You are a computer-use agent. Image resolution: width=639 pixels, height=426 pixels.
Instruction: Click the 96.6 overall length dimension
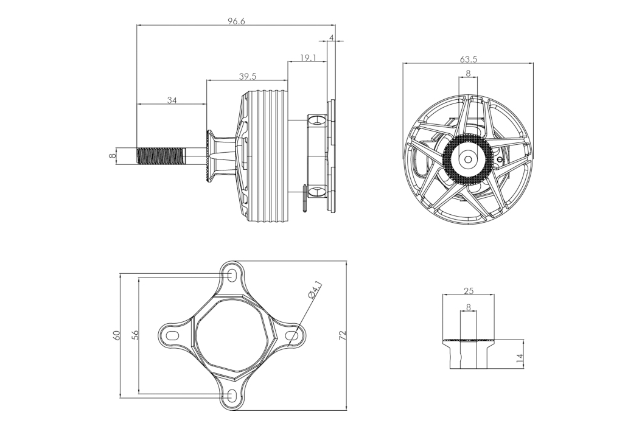click(x=236, y=21)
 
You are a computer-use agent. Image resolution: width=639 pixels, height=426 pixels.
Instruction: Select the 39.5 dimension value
click(x=247, y=76)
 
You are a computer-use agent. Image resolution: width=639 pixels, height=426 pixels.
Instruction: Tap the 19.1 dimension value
click(x=308, y=57)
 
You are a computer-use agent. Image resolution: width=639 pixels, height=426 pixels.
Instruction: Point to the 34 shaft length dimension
click(x=172, y=100)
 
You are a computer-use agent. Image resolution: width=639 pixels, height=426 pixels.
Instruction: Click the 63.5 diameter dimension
click(x=468, y=59)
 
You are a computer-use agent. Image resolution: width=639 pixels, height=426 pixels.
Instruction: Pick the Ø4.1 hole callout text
click(x=315, y=290)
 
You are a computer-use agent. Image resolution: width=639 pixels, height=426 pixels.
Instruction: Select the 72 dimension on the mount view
click(x=342, y=335)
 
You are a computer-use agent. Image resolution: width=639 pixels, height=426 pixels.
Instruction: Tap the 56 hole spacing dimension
click(x=135, y=335)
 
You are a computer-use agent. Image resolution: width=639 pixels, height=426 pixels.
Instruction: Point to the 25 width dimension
click(x=469, y=291)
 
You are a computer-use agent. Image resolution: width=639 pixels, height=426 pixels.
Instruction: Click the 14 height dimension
click(x=519, y=358)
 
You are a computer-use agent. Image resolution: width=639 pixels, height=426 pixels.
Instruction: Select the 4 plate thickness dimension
click(x=331, y=38)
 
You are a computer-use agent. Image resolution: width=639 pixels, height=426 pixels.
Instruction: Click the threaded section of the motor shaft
click(x=161, y=156)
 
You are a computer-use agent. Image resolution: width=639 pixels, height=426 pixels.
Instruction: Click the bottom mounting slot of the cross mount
click(x=231, y=395)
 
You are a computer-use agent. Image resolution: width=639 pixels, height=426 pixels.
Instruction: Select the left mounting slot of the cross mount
click(x=172, y=335)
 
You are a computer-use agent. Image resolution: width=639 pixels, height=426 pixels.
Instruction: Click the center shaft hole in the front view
click(x=468, y=159)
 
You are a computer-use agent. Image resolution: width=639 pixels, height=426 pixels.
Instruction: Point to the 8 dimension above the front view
click(x=468, y=74)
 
